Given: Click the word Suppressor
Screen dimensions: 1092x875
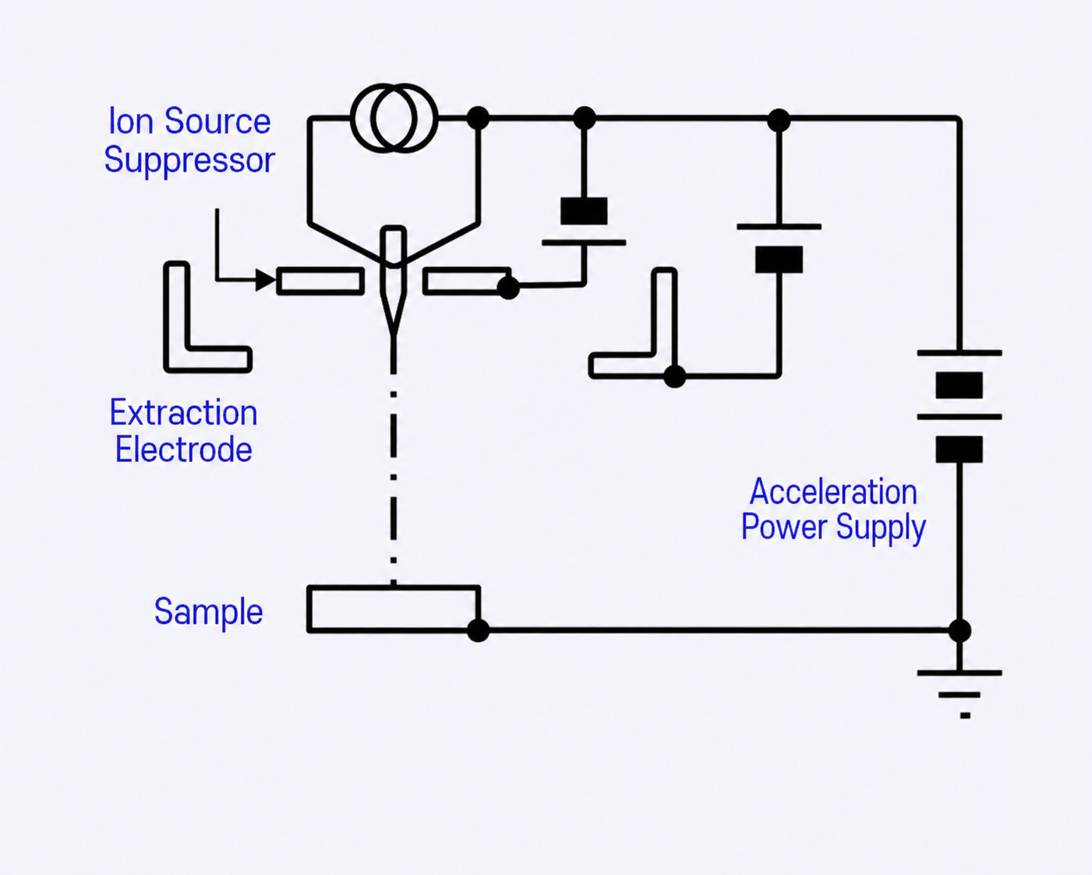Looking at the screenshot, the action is point(189,161).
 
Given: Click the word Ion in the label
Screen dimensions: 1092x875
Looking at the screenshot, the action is point(131,122).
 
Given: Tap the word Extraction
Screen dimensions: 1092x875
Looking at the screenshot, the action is point(184,412).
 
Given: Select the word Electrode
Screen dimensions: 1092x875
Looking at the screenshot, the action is point(184,450).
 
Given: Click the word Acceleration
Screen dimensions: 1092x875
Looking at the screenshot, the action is point(834,492).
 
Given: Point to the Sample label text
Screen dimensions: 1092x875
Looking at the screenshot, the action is point(209,612).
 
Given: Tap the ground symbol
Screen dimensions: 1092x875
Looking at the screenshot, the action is point(959,694).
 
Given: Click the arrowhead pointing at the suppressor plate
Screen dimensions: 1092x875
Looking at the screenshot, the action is point(265,280).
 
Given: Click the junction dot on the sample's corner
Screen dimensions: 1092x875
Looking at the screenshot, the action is point(478,630).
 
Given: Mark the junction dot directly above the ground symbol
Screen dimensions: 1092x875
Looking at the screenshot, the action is point(959,631).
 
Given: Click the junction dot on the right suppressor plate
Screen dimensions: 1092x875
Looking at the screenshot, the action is point(508,288).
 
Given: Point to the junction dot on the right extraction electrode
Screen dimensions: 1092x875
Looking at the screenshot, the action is point(674,377).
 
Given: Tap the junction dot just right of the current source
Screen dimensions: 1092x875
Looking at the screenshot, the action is point(478,118).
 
